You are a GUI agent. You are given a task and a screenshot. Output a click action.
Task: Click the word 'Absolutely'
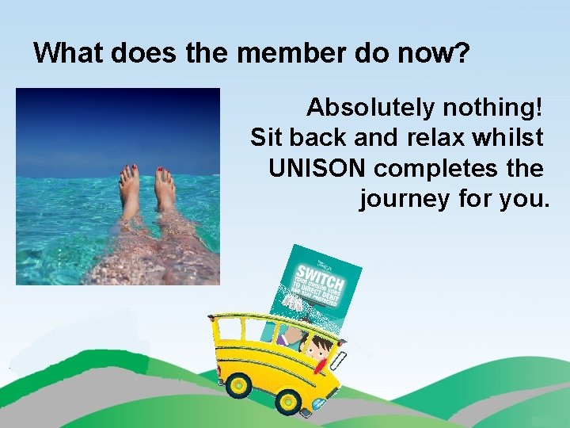pyautogui.click(x=370, y=106)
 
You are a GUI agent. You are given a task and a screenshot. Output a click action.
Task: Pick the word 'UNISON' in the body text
pyautogui.click(x=317, y=168)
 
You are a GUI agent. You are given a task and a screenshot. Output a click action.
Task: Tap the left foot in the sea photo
pyautogui.click(x=129, y=190)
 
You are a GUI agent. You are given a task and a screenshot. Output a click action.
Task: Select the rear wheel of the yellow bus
pyautogui.click(x=237, y=387)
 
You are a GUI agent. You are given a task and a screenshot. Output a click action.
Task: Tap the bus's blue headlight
pyautogui.click(x=319, y=404)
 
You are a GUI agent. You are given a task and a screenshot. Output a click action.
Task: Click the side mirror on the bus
pyautogui.click(x=341, y=361)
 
